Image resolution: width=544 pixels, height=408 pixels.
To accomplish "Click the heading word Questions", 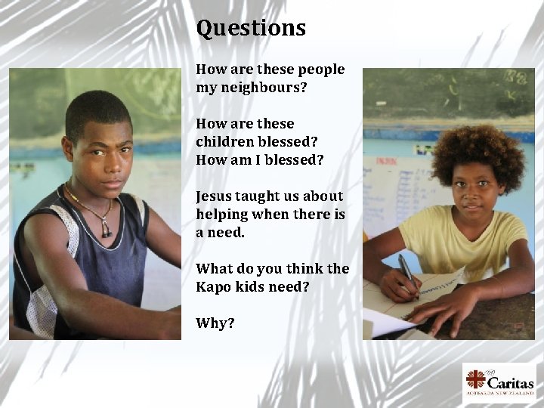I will [251, 28].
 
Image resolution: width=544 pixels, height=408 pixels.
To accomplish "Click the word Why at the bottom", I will [215, 323].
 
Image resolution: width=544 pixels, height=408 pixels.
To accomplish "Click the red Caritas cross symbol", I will [477, 378].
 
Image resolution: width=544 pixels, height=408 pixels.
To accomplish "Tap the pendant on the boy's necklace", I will [105, 230].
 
